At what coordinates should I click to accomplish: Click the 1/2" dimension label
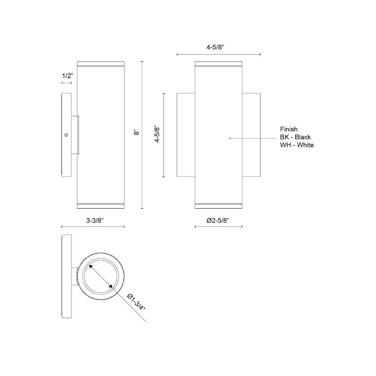(67, 76)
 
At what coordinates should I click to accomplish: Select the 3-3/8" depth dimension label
(95, 221)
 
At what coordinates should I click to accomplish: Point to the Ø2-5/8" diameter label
(218, 221)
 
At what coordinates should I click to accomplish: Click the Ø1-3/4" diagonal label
(136, 302)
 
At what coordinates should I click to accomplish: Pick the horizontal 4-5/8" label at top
(215, 47)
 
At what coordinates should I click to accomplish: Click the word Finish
(289, 129)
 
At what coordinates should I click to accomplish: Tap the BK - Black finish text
(296, 137)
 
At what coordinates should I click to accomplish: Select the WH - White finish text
(297, 145)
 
